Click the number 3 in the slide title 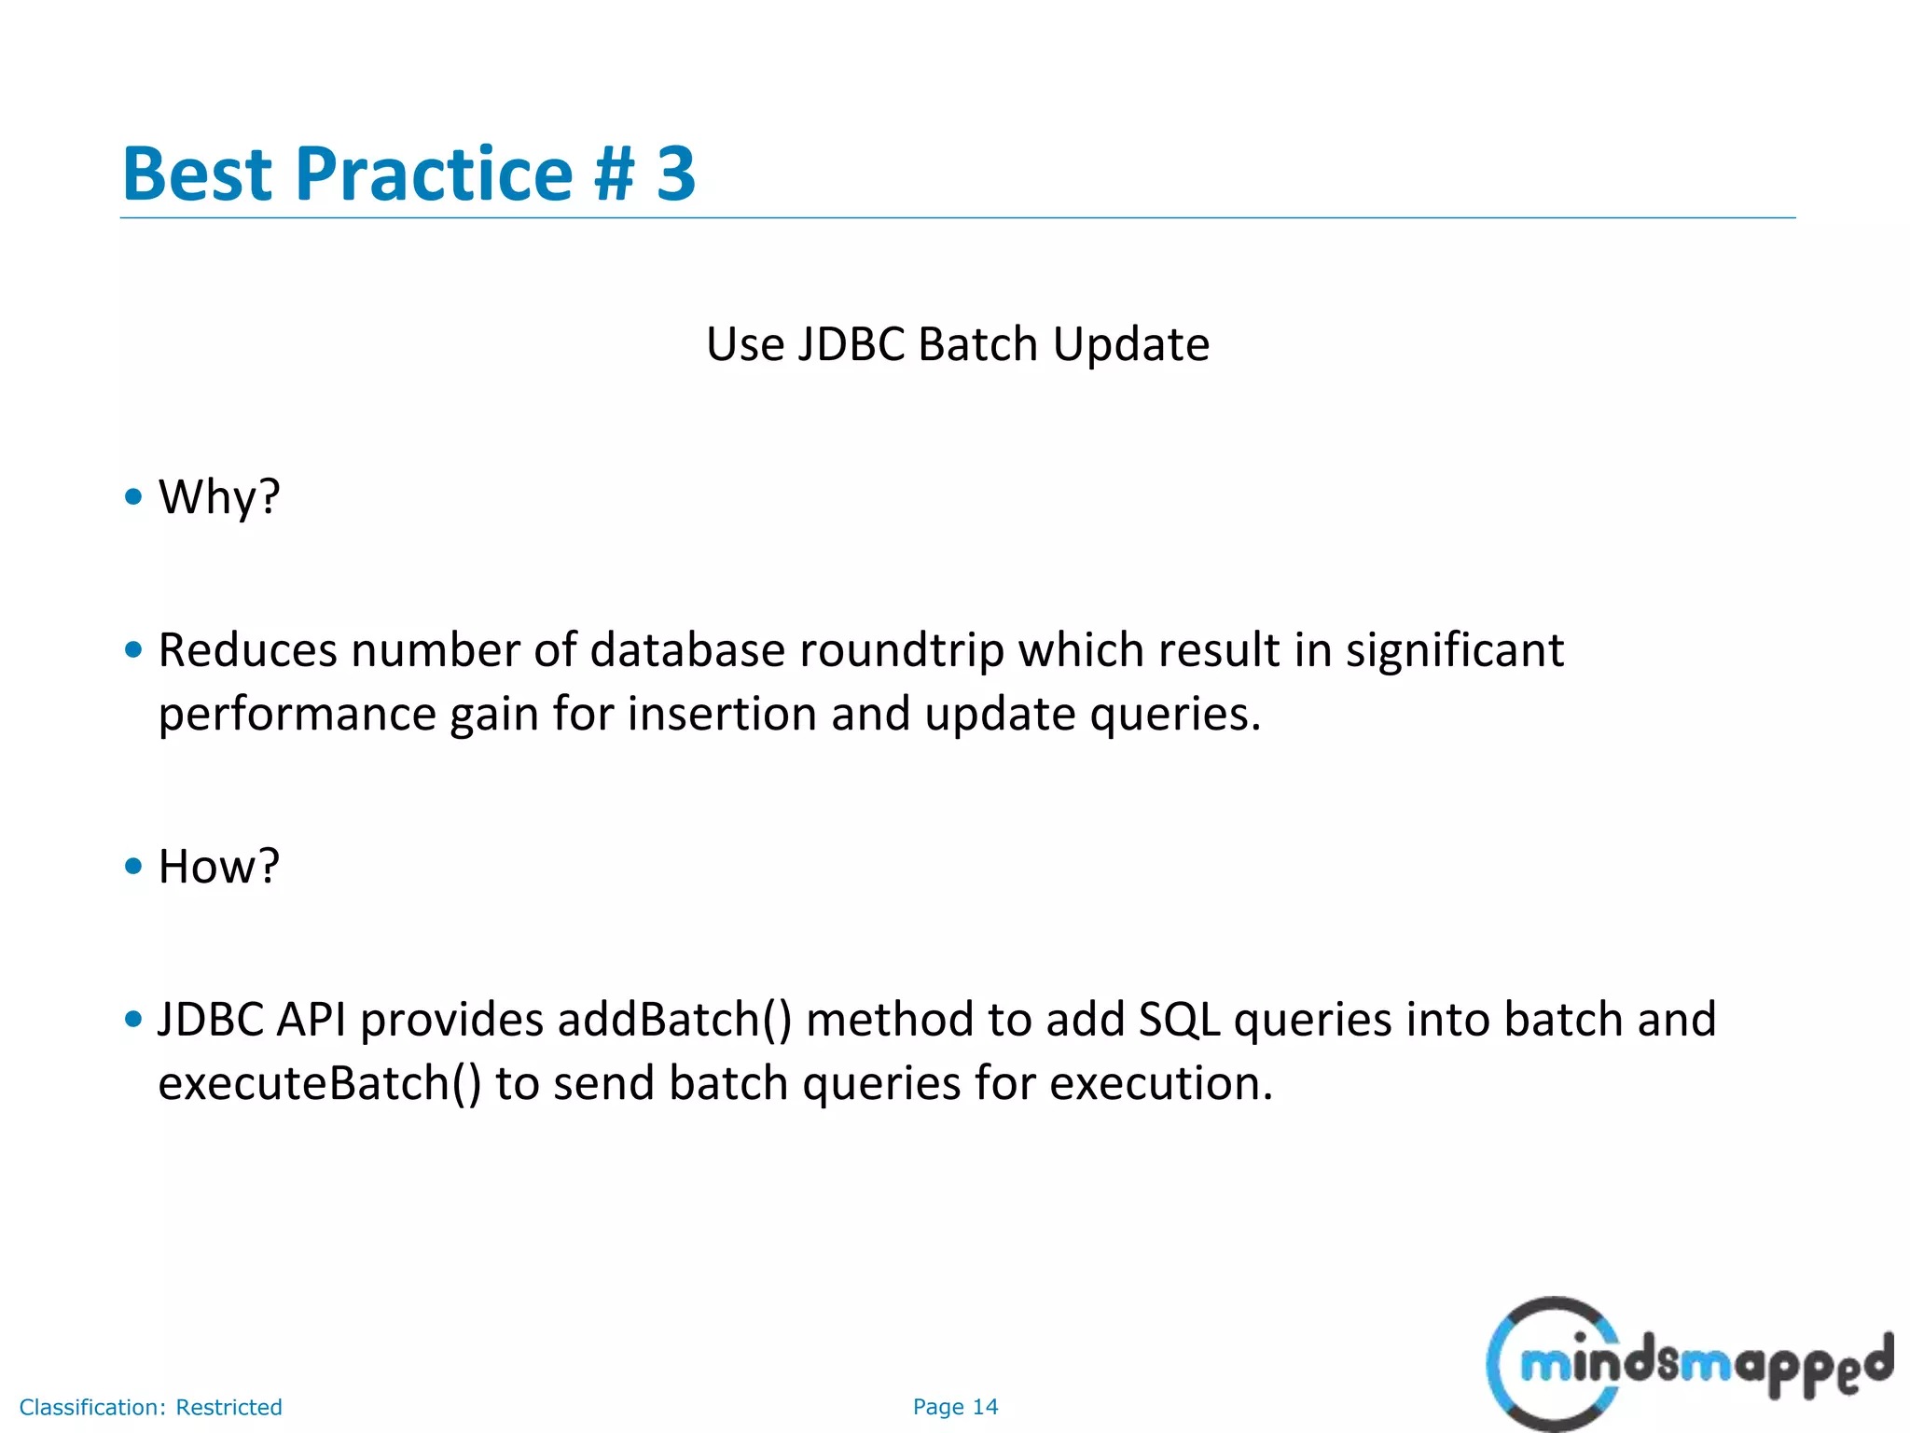(x=675, y=174)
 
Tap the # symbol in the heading (x=615, y=174)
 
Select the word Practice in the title (x=434, y=174)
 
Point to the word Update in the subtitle (x=1130, y=344)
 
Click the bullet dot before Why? (x=133, y=495)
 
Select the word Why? (x=219, y=497)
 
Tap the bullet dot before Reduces (x=133, y=649)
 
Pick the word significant (x=1454, y=651)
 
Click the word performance (x=297, y=716)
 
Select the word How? (x=219, y=866)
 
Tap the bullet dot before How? (x=133, y=866)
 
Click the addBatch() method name (x=674, y=1019)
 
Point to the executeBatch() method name (x=320, y=1083)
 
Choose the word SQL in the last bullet (x=1179, y=1019)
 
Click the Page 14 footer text (x=955, y=1407)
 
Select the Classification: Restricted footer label (x=150, y=1407)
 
